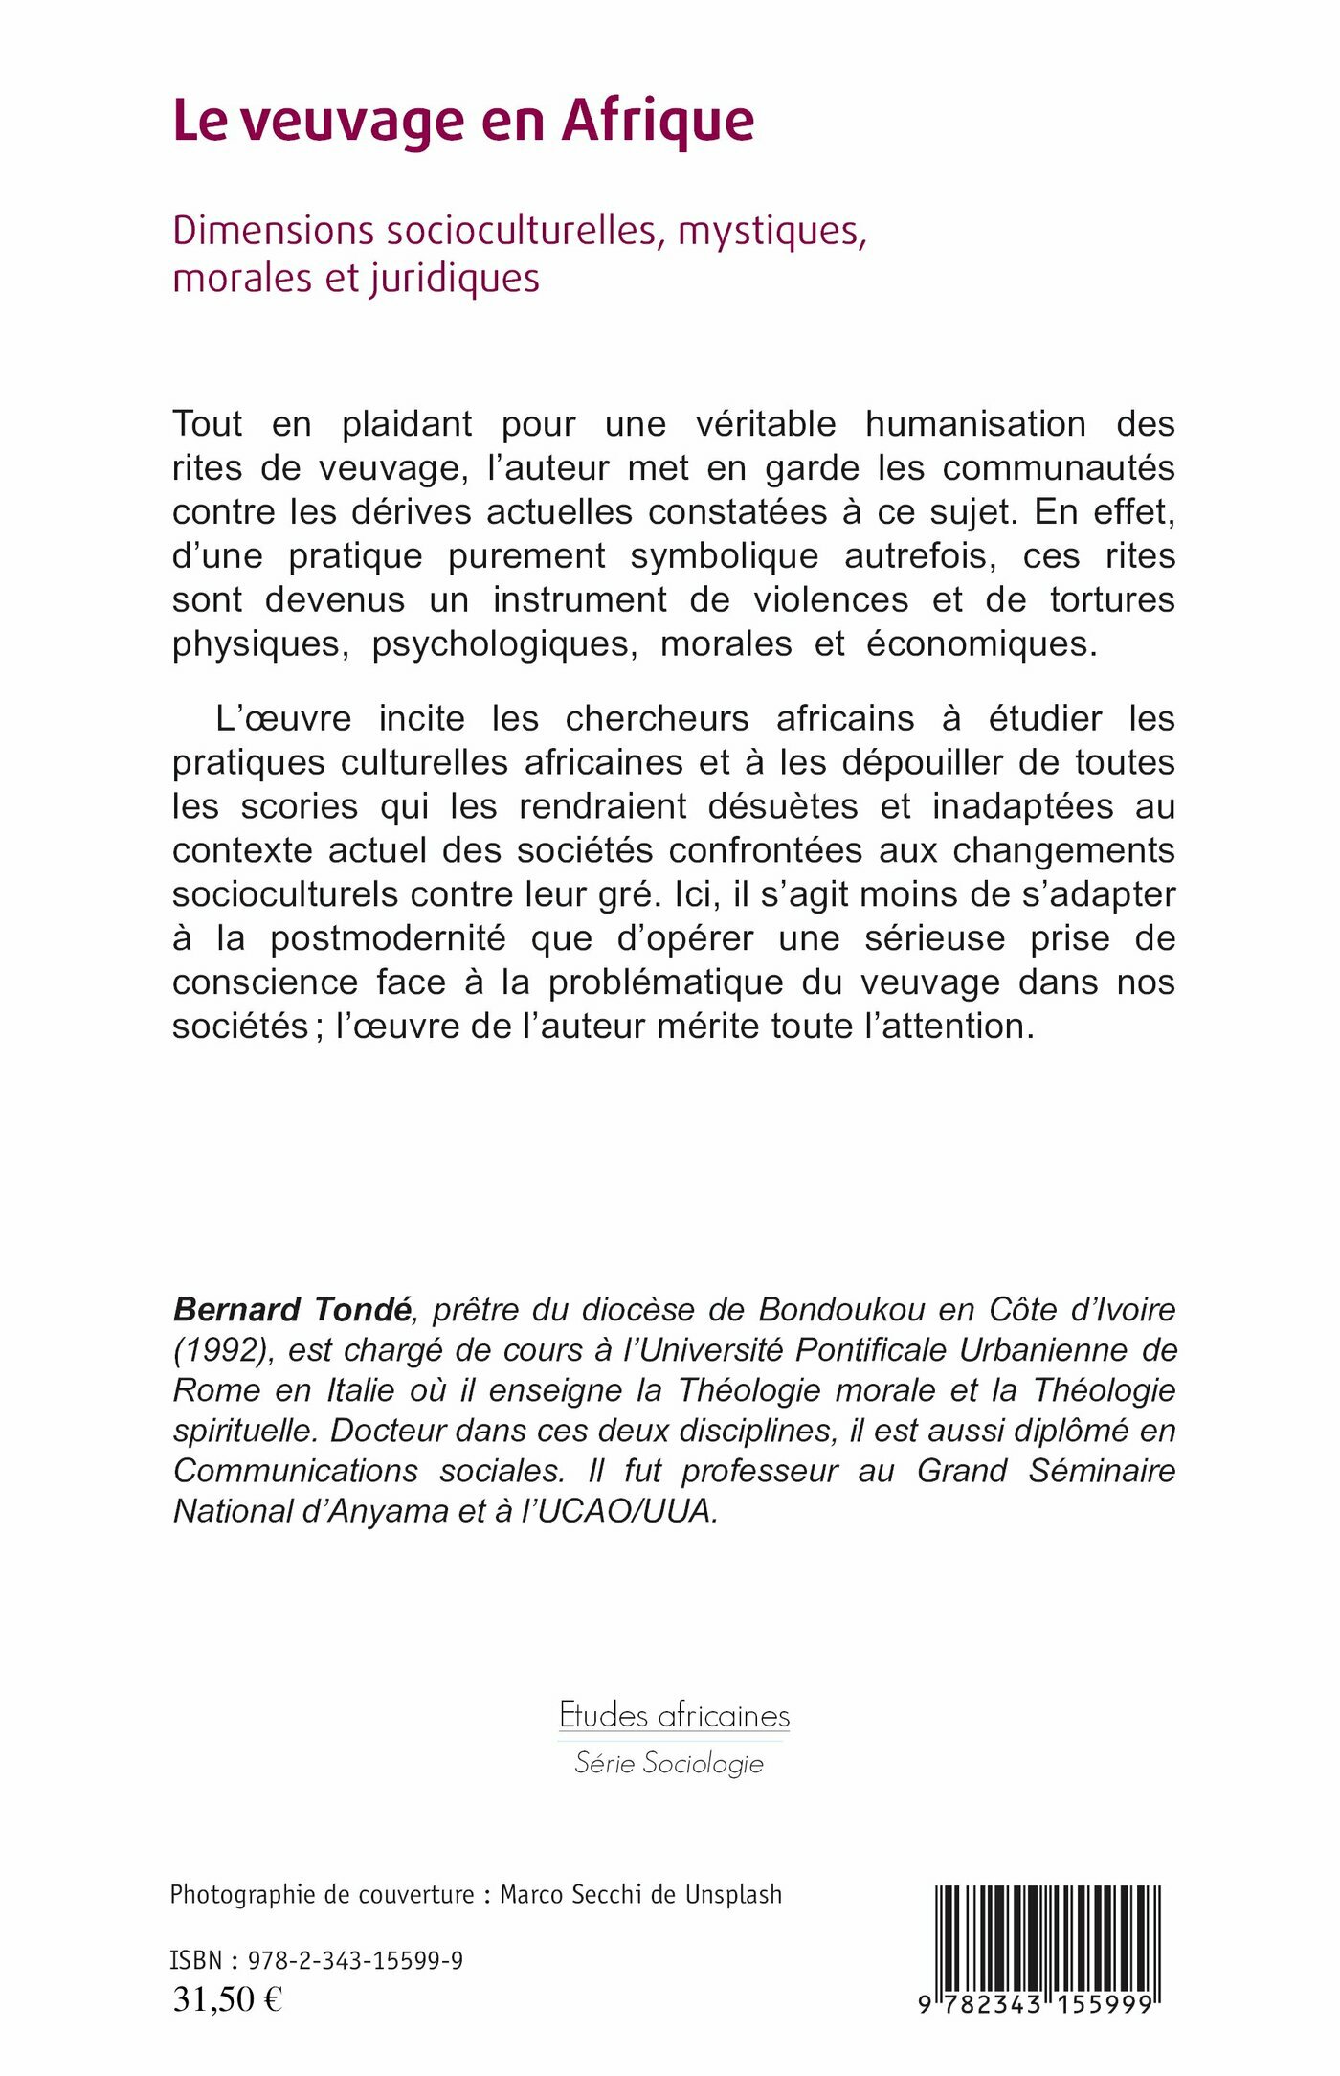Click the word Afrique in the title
[658, 123]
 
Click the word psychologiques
[504, 644]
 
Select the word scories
[299, 807]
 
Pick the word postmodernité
[388, 938]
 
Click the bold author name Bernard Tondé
[293, 1309]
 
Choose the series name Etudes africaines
[674, 1714]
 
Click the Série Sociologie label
[669, 1763]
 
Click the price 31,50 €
[227, 1998]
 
